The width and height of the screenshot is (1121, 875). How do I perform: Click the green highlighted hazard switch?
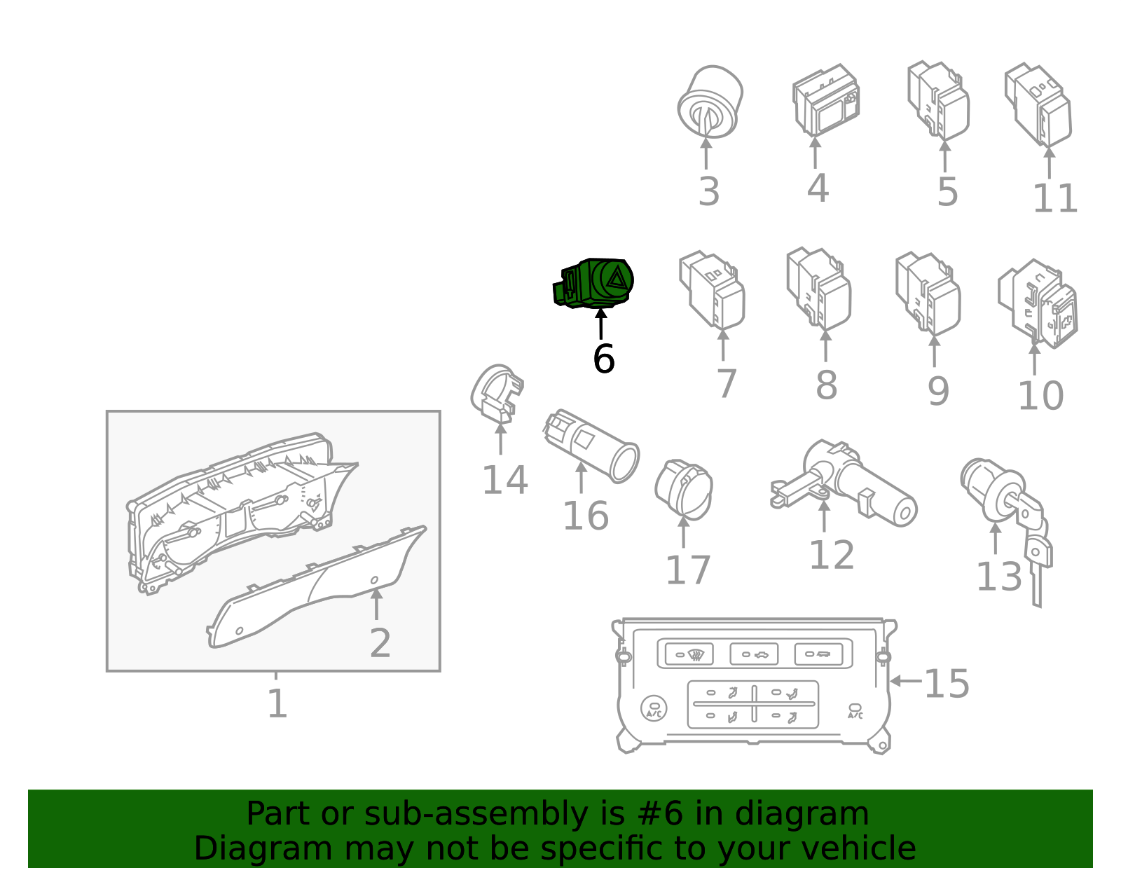(x=593, y=283)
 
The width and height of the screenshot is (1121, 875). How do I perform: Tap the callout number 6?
(x=603, y=359)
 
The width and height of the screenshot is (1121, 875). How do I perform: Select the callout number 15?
(x=947, y=684)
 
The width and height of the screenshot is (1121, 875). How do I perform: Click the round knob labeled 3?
(x=710, y=102)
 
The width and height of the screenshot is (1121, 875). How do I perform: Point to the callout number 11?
(x=1055, y=198)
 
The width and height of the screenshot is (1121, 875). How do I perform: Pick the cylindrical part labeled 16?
(x=591, y=446)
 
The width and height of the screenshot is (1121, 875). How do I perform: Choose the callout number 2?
(x=380, y=643)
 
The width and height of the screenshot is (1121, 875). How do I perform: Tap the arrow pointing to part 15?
(x=905, y=681)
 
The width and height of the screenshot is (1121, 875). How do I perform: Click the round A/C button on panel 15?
(x=654, y=708)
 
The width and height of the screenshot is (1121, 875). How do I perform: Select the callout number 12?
(x=832, y=556)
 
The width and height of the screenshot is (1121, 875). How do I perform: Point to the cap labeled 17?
(x=684, y=489)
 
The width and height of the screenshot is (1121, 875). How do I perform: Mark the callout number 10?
(x=1040, y=396)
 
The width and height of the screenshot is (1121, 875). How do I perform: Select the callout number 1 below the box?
(x=277, y=704)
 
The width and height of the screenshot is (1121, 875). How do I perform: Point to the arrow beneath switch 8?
(x=825, y=345)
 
